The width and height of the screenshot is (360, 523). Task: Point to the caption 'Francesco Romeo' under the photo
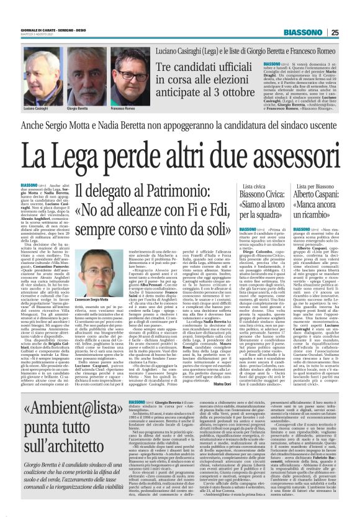point(122,107)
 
